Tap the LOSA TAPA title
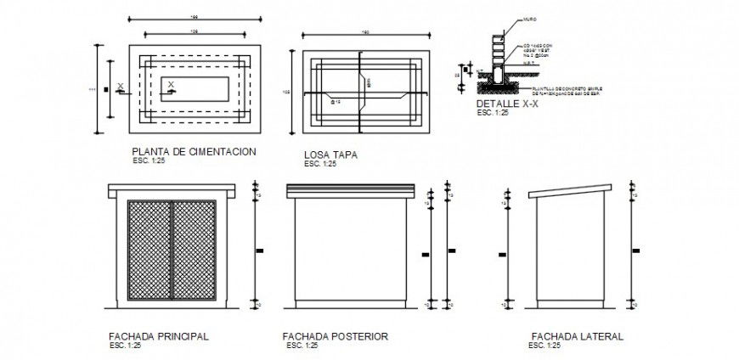pos(330,155)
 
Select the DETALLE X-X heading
pos(502,104)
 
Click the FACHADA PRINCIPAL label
pos(159,336)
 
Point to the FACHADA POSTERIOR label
pos(335,337)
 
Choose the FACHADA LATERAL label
pos(577,336)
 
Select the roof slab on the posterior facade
pos(351,188)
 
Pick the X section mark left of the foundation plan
pos(121,86)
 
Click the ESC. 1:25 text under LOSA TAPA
pos(320,164)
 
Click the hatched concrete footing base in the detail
pos(498,85)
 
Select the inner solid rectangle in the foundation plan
pos(196,88)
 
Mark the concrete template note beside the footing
pos(561,90)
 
